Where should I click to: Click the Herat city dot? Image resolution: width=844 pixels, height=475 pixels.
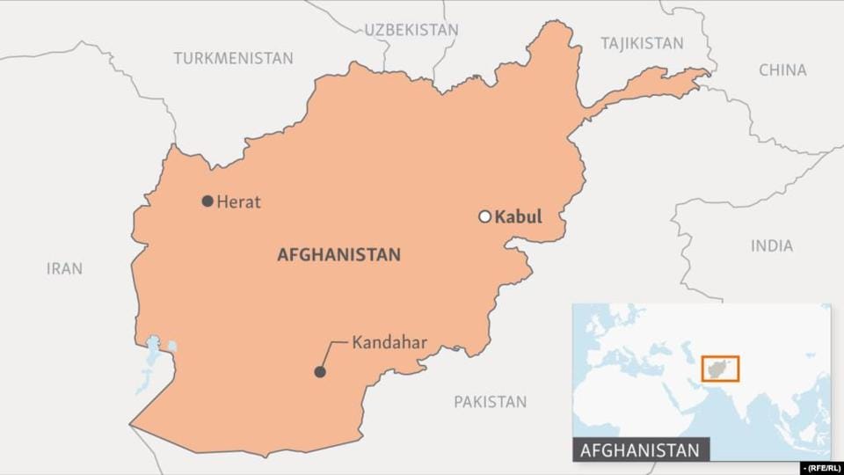coord(207,201)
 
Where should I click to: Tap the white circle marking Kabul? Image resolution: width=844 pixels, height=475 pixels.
coord(484,216)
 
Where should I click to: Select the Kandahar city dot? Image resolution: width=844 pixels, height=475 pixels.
coord(320,372)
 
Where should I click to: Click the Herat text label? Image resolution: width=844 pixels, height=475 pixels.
coord(239,201)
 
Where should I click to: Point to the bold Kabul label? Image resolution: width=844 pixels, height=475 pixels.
coord(519,216)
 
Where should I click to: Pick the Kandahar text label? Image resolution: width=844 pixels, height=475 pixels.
coord(389,340)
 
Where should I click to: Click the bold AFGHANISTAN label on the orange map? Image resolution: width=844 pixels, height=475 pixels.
coord(338,255)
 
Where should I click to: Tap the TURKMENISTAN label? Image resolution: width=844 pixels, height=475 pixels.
coord(233,58)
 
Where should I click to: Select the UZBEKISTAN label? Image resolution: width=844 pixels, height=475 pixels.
coord(411,30)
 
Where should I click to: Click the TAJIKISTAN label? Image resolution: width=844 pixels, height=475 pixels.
coord(642,43)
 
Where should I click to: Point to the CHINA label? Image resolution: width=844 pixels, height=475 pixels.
coord(782,70)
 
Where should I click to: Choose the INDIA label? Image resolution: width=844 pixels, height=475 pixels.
coord(772,246)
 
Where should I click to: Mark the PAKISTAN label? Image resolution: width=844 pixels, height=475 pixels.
coord(491,402)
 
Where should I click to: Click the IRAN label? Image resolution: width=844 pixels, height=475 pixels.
coord(64,268)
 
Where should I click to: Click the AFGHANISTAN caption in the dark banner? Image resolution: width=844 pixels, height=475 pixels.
coord(640,450)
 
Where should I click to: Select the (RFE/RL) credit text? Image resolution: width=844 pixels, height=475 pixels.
coord(819,467)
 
